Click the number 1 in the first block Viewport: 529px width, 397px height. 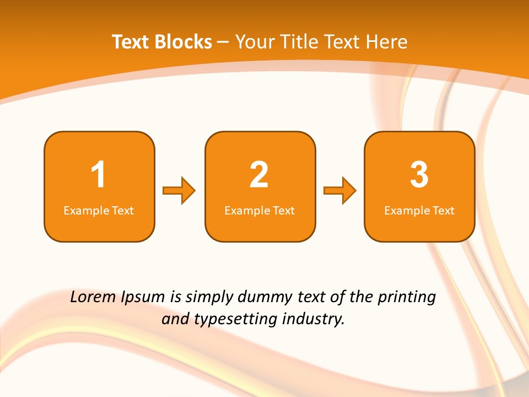[99, 175]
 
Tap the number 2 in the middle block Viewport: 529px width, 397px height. [259, 175]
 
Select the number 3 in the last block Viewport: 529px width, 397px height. [419, 175]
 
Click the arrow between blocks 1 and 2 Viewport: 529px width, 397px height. [179, 190]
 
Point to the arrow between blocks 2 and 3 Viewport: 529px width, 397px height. [340, 190]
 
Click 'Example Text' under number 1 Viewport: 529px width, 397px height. [99, 211]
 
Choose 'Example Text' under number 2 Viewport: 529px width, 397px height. [260, 211]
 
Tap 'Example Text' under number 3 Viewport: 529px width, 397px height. [419, 211]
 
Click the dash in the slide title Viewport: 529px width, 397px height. [223, 42]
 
